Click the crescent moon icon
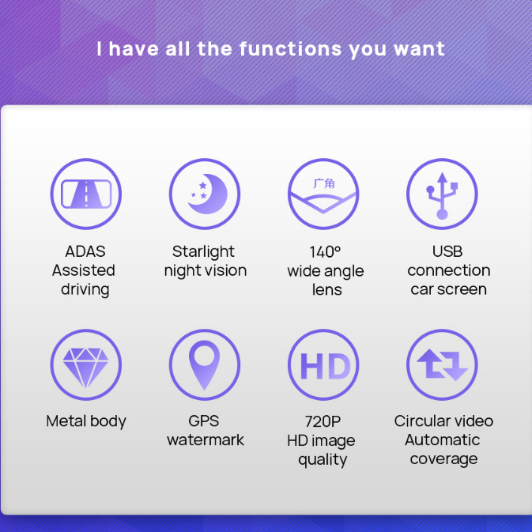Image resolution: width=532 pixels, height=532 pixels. (x=209, y=194)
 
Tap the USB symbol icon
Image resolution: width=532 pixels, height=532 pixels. (x=442, y=196)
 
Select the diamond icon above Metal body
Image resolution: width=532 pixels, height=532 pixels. (x=86, y=368)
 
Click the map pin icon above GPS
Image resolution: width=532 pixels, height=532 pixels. (x=204, y=365)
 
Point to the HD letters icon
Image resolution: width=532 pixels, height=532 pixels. (x=325, y=366)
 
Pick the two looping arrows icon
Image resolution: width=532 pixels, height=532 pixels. (x=442, y=364)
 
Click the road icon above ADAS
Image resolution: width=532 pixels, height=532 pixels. (x=86, y=194)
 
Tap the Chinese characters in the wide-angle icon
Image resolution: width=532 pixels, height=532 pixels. (x=323, y=183)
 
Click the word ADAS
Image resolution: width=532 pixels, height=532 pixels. (x=85, y=251)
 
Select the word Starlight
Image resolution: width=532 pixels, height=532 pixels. (x=203, y=251)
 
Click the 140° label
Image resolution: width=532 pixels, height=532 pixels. (x=325, y=251)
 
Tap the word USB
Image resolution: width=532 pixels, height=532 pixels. (x=447, y=251)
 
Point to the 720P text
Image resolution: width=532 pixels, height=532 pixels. (x=323, y=421)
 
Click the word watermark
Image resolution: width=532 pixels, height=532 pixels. (x=206, y=440)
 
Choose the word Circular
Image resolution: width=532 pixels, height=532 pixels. (x=421, y=421)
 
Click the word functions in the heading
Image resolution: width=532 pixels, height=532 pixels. (x=290, y=49)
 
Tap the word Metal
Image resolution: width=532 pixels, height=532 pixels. (x=66, y=421)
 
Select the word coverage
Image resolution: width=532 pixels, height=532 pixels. (x=443, y=459)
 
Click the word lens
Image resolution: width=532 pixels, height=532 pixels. (x=326, y=290)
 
